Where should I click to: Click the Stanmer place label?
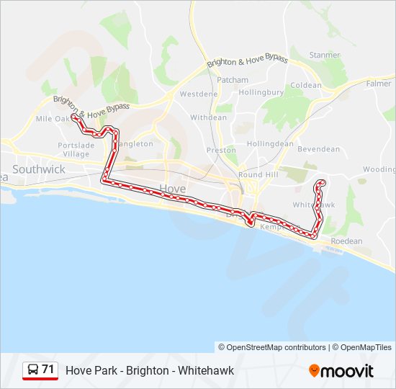pyautogui.click(x=324, y=55)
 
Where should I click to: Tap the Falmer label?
pyautogui.click(x=379, y=84)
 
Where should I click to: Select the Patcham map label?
pyautogui.click(x=233, y=80)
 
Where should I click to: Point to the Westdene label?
pyautogui.click(x=198, y=94)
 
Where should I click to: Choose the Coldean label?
pyautogui.click(x=306, y=85)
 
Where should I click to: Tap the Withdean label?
pyautogui.click(x=208, y=117)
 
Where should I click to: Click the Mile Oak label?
pyautogui.click(x=53, y=118)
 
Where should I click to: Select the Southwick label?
pyautogui.click(x=39, y=169)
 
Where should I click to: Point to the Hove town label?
pyautogui.click(x=172, y=188)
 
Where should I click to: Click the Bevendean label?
pyautogui.click(x=318, y=149)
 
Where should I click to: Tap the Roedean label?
pyautogui.click(x=346, y=241)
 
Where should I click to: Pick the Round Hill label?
pyautogui.click(x=259, y=175)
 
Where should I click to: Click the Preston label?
pyautogui.click(x=221, y=151)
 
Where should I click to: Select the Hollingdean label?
pyautogui.click(x=270, y=143)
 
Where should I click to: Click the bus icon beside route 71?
pyautogui.click(x=32, y=370)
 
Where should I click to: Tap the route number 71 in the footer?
pyautogui.click(x=48, y=370)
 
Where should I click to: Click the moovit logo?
pyautogui.click(x=341, y=371)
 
